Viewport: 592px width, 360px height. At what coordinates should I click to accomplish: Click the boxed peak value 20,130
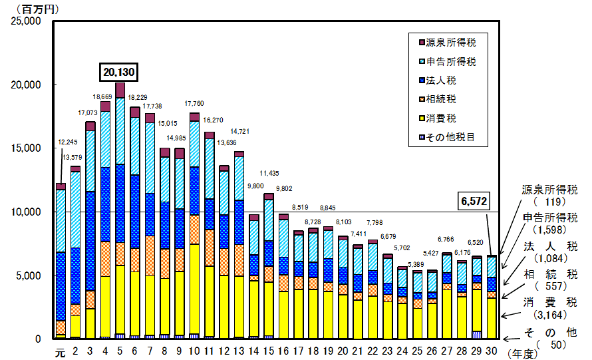pos(120,71)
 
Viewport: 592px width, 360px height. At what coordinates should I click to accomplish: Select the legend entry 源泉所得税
pos(450,43)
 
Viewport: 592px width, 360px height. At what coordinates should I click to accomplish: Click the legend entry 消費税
pos(442,119)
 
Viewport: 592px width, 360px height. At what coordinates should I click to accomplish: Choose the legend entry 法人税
pos(442,81)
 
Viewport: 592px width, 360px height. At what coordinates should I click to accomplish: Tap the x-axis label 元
pos(60,351)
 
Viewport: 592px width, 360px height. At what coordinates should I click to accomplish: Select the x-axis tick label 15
pos(268,351)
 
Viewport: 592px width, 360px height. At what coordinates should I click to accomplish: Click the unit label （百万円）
pos(31,8)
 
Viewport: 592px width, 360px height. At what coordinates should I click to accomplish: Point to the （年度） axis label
pos(525,353)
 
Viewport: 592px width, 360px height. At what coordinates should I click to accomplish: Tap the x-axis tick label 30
pos(492,351)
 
